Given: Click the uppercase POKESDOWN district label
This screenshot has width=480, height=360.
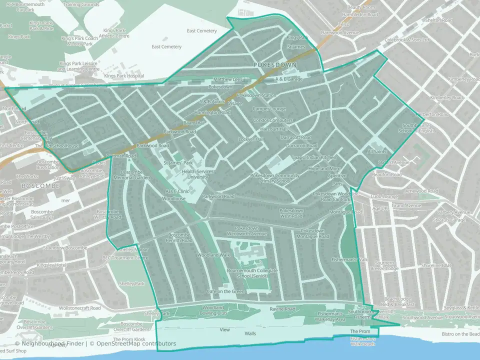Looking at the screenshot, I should click(x=274, y=65).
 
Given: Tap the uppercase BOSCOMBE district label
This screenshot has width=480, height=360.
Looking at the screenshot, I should click(x=40, y=185).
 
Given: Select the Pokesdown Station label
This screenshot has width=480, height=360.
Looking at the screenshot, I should click(x=256, y=95).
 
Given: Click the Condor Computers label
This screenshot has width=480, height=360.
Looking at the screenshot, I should click(x=273, y=120).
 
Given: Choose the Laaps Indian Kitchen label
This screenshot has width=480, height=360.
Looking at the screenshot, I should click(x=314, y=157).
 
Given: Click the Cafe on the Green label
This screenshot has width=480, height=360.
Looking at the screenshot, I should click(x=225, y=291).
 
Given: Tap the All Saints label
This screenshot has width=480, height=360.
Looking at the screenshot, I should click(x=378, y=151).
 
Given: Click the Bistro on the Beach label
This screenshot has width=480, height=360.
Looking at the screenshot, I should click(x=460, y=334).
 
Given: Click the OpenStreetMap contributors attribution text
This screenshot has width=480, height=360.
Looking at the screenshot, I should click(x=136, y=343).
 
